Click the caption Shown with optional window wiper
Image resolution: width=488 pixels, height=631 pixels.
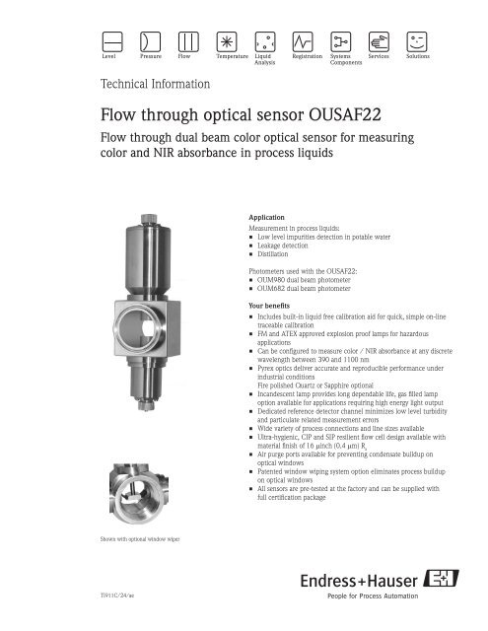coord(123,538)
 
